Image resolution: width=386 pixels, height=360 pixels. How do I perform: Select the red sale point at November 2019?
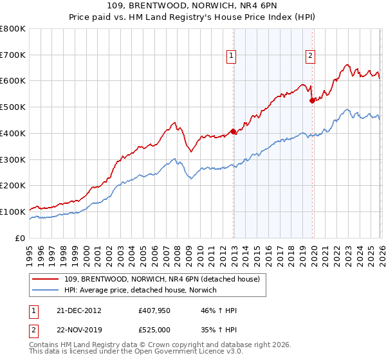point(312,100)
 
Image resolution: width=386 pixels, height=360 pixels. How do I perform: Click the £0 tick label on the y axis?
point(20,238)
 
